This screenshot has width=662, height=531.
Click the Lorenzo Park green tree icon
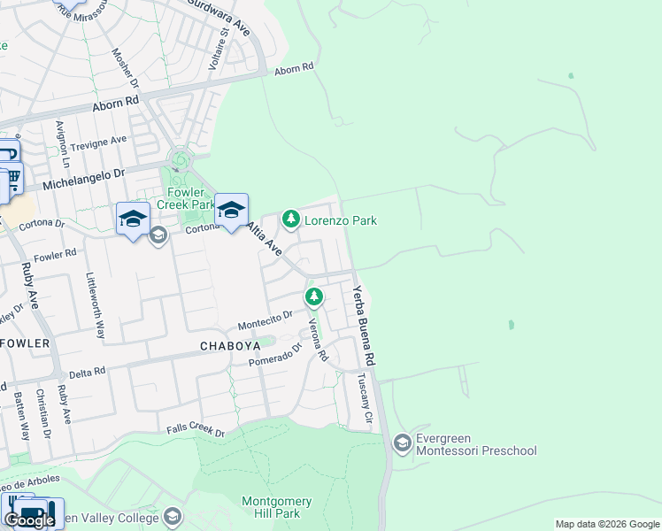pyautogui.click(x=289, y=218)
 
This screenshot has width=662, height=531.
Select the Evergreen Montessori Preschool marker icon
pyautogui.click(x=402, y=442)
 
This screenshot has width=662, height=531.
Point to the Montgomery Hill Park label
pyautogui.click(x=271, y=507)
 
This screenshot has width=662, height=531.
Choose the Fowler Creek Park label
pyautogui.click(x=187, y=198)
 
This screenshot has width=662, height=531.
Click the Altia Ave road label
pyautogui.click(x=265, y=239)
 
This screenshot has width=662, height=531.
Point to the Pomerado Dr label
pyautogui.click(x=275, y=357)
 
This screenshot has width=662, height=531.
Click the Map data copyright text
pyautogui.click(x=607, y=524)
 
